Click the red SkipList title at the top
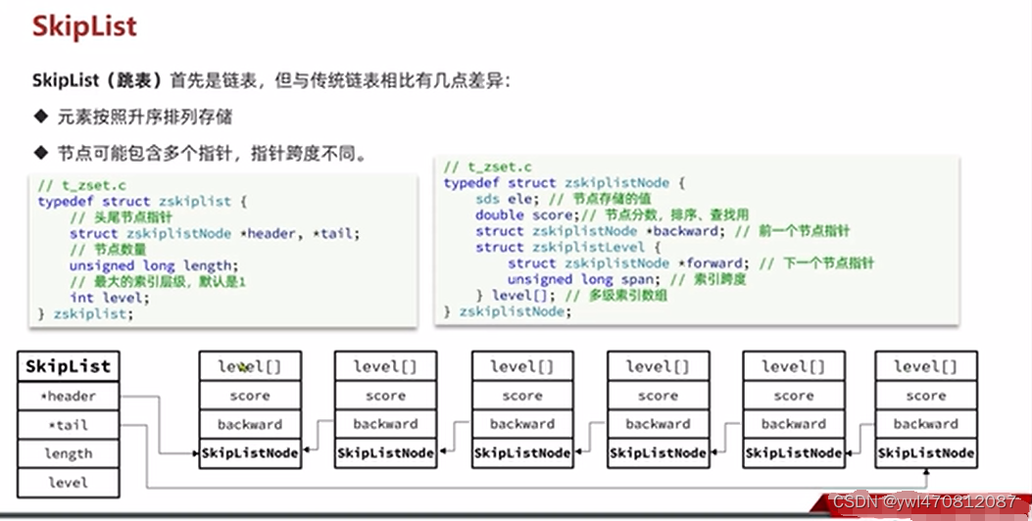pos(84,26)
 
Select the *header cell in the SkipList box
pos(68,396)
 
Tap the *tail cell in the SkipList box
pos(68,425)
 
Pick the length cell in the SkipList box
pos(68,453)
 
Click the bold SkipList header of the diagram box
pos(68,367)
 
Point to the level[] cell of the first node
pos(249,366)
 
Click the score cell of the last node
pos(925,396)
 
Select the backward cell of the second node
pos(385,424)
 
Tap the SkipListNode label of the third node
pos(521,453)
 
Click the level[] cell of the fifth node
pos(793,366)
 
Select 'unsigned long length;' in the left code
pos(152,265)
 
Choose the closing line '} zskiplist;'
pos(84,313)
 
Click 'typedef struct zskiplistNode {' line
pos(557,183)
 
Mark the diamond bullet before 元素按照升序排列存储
pos(40,117)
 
